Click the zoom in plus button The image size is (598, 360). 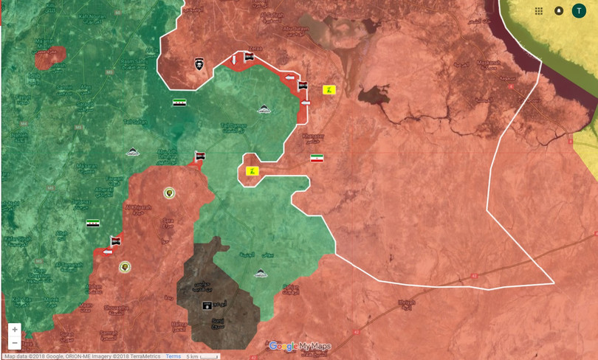click(x=15, y=330)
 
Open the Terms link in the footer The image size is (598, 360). click(x=173, y=356)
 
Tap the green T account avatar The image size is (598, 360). click(x=580, y=11)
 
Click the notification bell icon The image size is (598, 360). click(x=559, y=11)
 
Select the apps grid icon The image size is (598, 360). click(x=539, y=11)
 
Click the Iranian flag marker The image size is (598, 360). click(x=317, y=159)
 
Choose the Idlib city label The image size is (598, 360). click(x=35, y=76)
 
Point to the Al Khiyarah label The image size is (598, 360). click(x=137, y=208)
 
